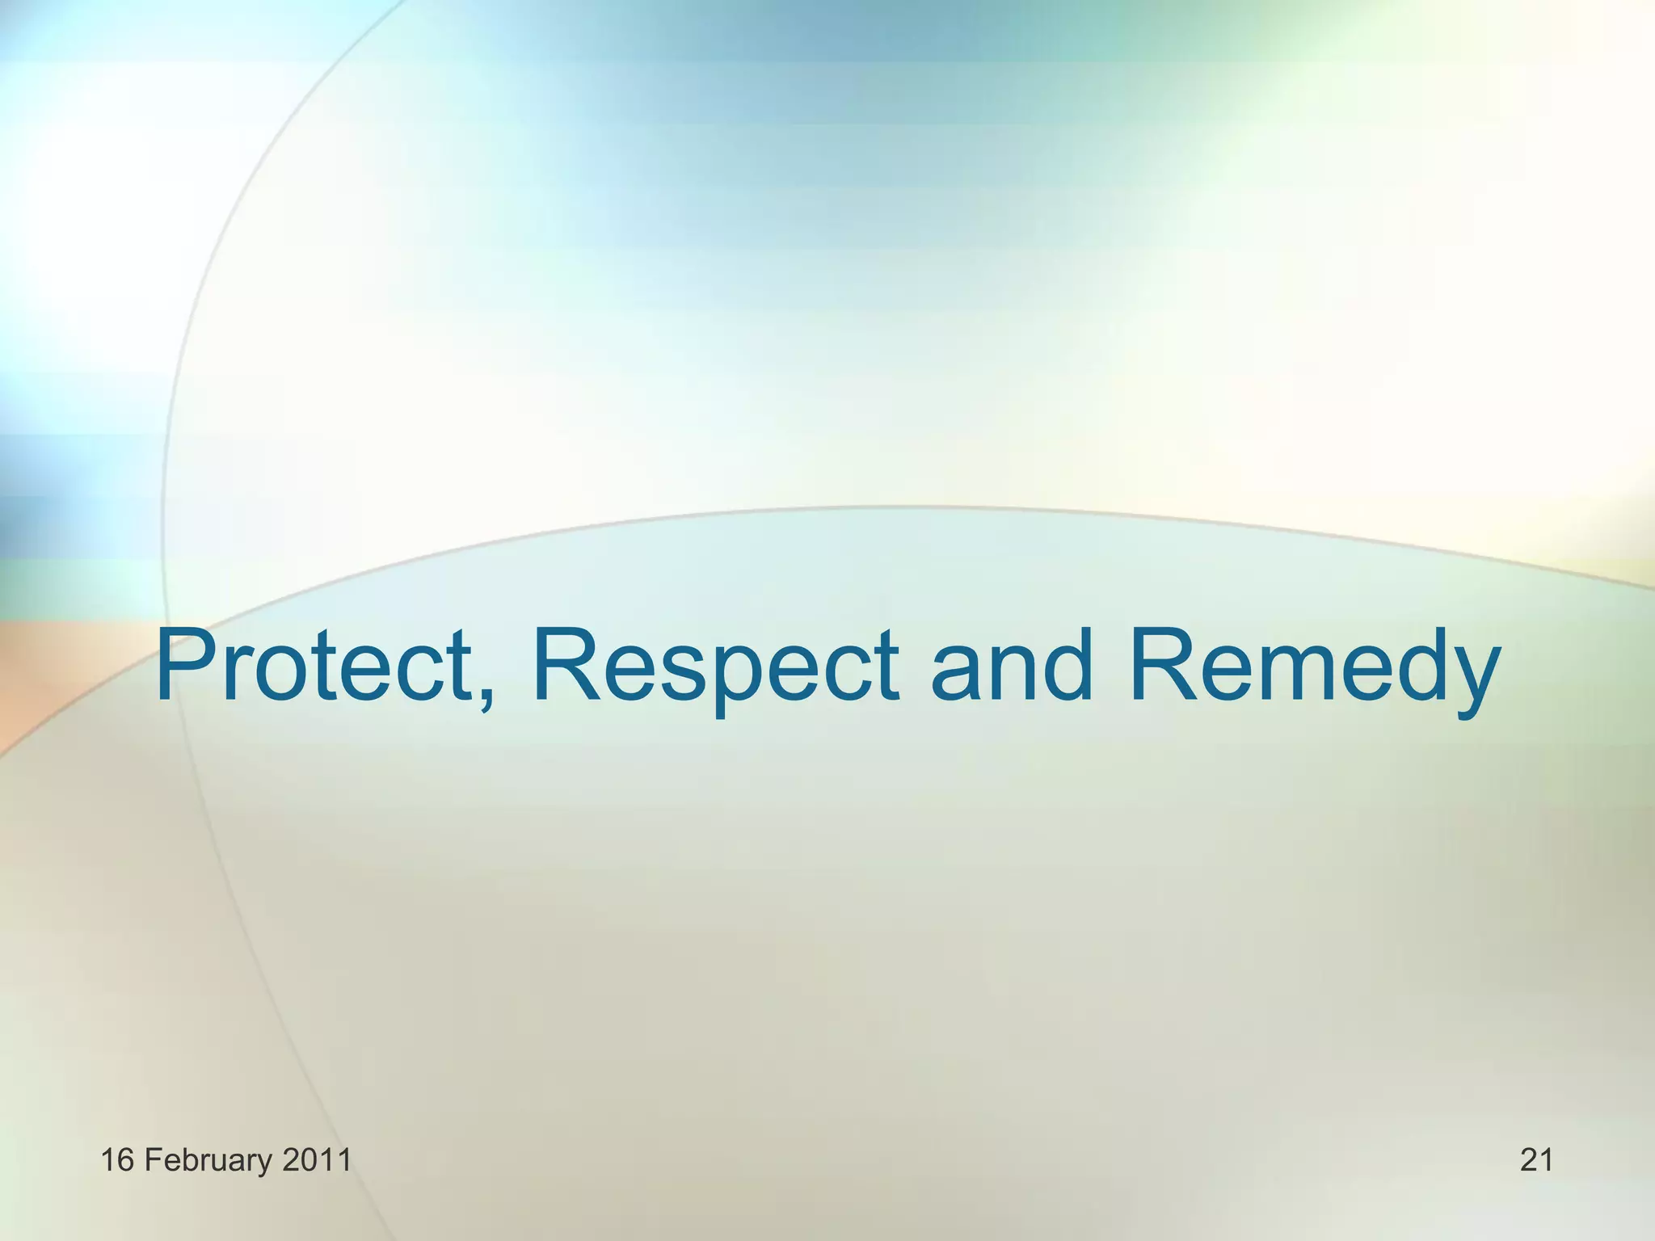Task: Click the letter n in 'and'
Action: point(1015,675)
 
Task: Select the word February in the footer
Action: point(208,1160)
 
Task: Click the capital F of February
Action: point(152,1160)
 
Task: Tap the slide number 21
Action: point(1536,1160)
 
